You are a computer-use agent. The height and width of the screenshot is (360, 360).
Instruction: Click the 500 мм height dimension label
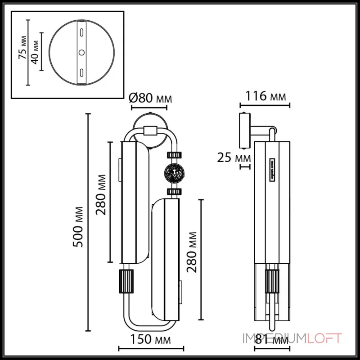click(x=78, y=227)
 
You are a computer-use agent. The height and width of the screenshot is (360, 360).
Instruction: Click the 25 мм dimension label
click(x=234, y=157)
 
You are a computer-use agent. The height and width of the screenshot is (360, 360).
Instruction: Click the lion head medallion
click(x=173, y=173)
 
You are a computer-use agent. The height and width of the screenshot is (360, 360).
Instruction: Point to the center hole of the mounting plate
click(x=81, y=53)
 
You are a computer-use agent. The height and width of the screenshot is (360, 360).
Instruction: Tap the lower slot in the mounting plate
click(x=81, y=72)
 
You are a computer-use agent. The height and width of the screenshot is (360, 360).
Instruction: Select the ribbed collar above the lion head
click(x=173, y=154)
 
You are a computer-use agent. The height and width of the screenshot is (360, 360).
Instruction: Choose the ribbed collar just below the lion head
click(x=173, y=192)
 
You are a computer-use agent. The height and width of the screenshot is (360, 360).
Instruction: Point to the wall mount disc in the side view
click(x=244, y=130)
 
